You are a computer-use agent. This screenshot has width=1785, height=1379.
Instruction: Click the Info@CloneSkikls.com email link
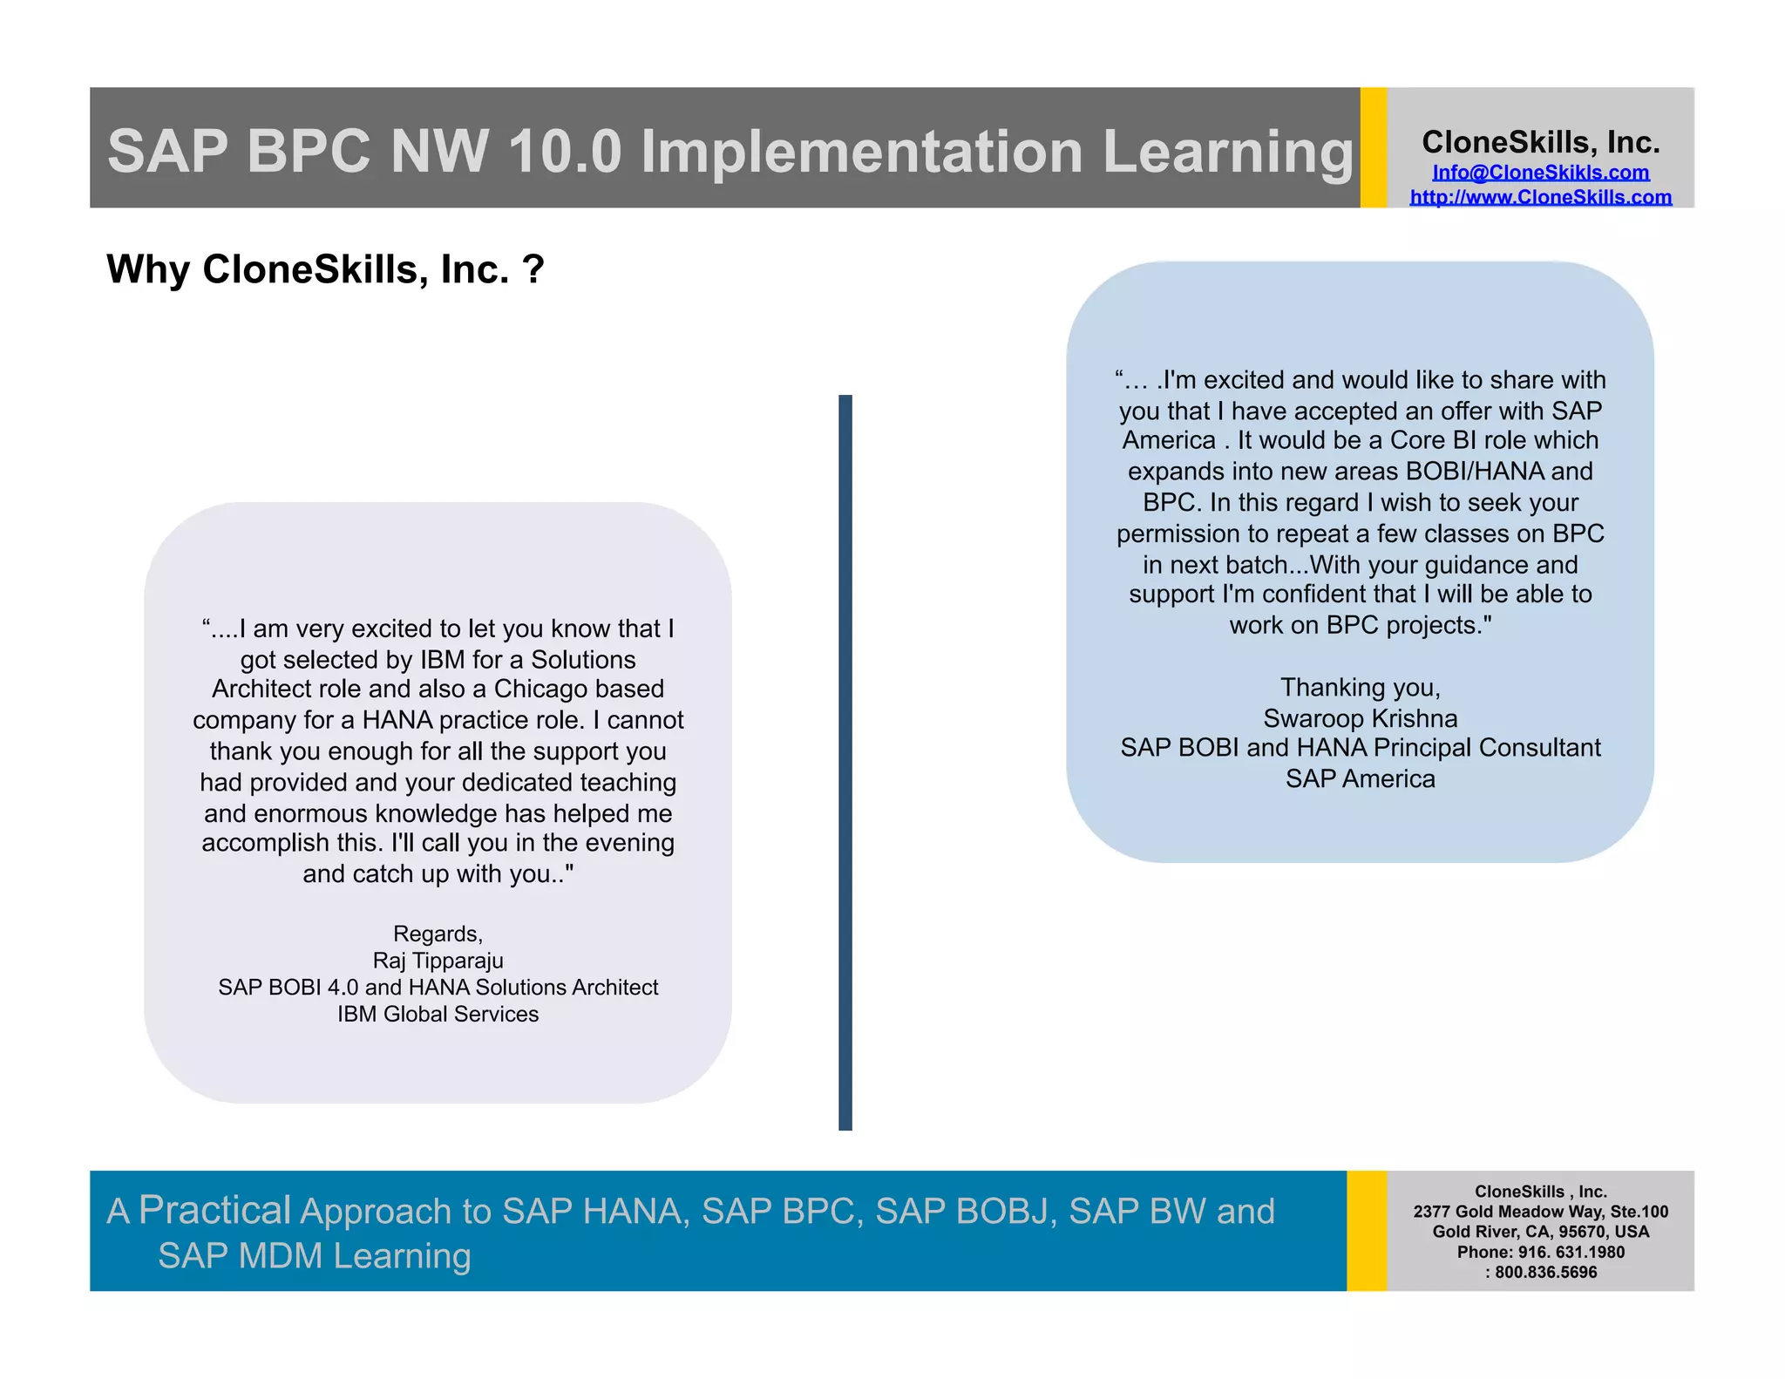click(x=1540, y=173)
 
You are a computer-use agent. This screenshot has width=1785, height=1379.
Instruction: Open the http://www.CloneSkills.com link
click(x=1540, y=197)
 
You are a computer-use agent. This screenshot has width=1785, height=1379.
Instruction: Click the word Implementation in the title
click(x=862, y=152)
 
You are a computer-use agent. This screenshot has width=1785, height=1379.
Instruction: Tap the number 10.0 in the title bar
click(x=564, y=152)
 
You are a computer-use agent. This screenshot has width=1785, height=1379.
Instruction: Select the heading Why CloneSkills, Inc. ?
click(x=325, y=269)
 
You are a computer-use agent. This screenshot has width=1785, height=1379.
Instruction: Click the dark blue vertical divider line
click(x=845, y=762)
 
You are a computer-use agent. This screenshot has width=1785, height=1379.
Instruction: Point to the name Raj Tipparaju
click(x=438, y=961)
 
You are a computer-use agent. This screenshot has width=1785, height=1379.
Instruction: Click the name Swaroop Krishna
click(x=1360, y=718)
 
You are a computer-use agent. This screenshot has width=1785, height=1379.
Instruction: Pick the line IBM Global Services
click(x=438, y=1014)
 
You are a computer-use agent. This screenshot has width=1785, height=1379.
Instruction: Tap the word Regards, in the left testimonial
click(x=438, y=934)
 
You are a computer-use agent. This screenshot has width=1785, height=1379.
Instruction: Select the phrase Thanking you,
click(x=1360, y=688)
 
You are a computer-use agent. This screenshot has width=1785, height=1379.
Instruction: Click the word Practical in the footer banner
click(x=214, y=1210)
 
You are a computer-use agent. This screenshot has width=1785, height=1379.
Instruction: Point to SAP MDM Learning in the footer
click(x=314, y=1256)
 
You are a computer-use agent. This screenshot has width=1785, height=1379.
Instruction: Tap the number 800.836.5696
click(x=1546, y=1272)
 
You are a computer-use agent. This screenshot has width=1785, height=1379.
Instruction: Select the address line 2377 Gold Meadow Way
click(x=1510, y=1212)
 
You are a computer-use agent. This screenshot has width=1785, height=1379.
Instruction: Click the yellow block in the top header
click(x=1373, y=147)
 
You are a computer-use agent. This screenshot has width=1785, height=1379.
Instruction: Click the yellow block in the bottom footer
click(x=1366, y=1230)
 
